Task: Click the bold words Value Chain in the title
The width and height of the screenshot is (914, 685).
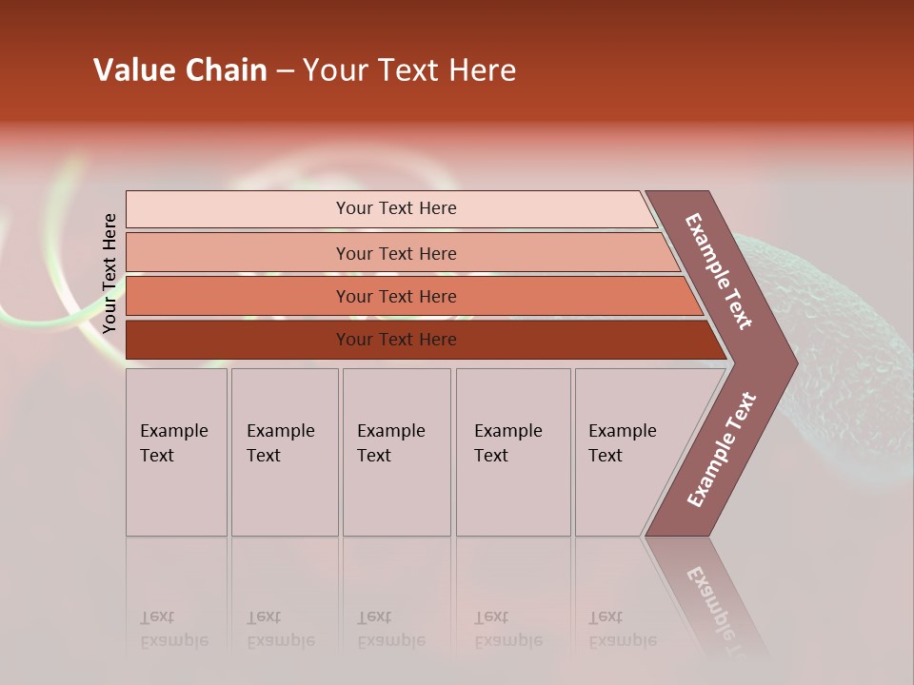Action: [180, 70]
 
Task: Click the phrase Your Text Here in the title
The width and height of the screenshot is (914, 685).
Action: [409, 70]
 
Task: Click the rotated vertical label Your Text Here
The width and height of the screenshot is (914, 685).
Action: [109, 274]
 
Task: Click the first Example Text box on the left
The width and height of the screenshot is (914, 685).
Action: [176, 452]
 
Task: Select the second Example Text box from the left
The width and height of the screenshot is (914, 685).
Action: [285, 452]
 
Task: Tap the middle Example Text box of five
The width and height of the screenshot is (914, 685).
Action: [396, 452]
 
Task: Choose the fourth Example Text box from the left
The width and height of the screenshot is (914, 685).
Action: [513, 452]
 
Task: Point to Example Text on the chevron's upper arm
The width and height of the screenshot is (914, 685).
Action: [719, 271]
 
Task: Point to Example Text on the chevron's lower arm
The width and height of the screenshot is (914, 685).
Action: [722, 450]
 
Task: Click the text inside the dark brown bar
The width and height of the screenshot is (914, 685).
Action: [396, 340]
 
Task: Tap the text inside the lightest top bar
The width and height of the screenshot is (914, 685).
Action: [396, 208]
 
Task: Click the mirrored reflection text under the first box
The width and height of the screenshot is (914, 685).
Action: [173, 629]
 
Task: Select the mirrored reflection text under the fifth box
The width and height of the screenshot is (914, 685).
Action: [622, 629]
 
